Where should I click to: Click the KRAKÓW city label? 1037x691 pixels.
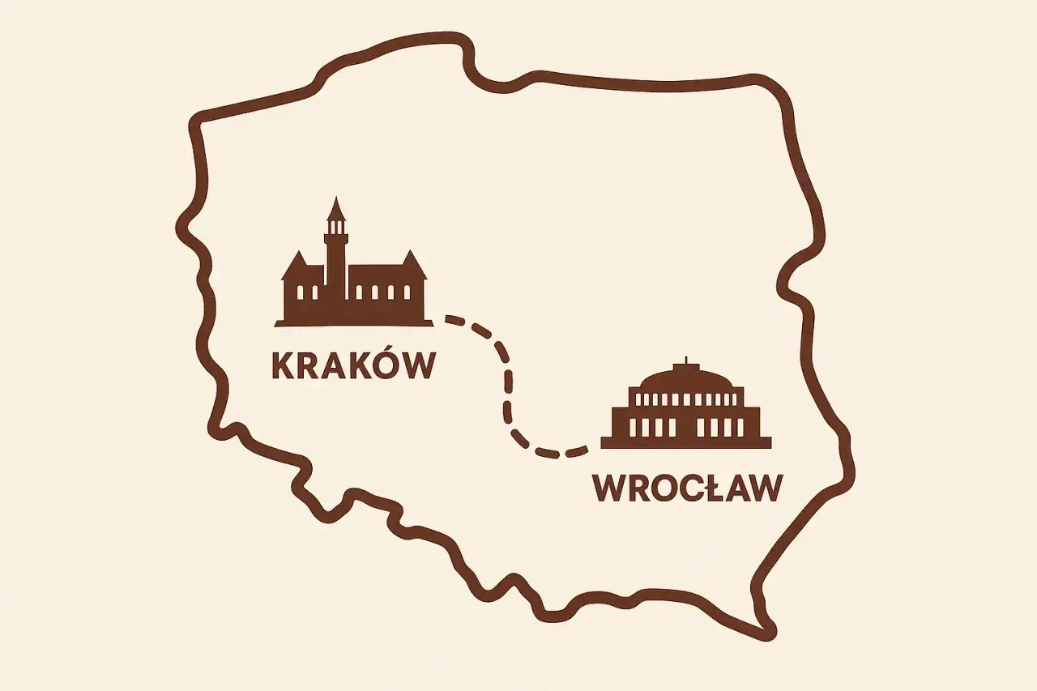point(353,365)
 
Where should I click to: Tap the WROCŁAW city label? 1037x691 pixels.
point(688,488)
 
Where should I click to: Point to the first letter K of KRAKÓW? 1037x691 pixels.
point(281,365)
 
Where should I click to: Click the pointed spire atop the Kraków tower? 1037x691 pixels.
point(335,210)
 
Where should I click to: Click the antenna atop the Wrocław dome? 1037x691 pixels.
point(686,361)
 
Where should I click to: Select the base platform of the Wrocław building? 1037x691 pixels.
point(686,442)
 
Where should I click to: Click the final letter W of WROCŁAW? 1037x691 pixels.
point(766,488)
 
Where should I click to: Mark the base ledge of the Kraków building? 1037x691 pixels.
point(353,323)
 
